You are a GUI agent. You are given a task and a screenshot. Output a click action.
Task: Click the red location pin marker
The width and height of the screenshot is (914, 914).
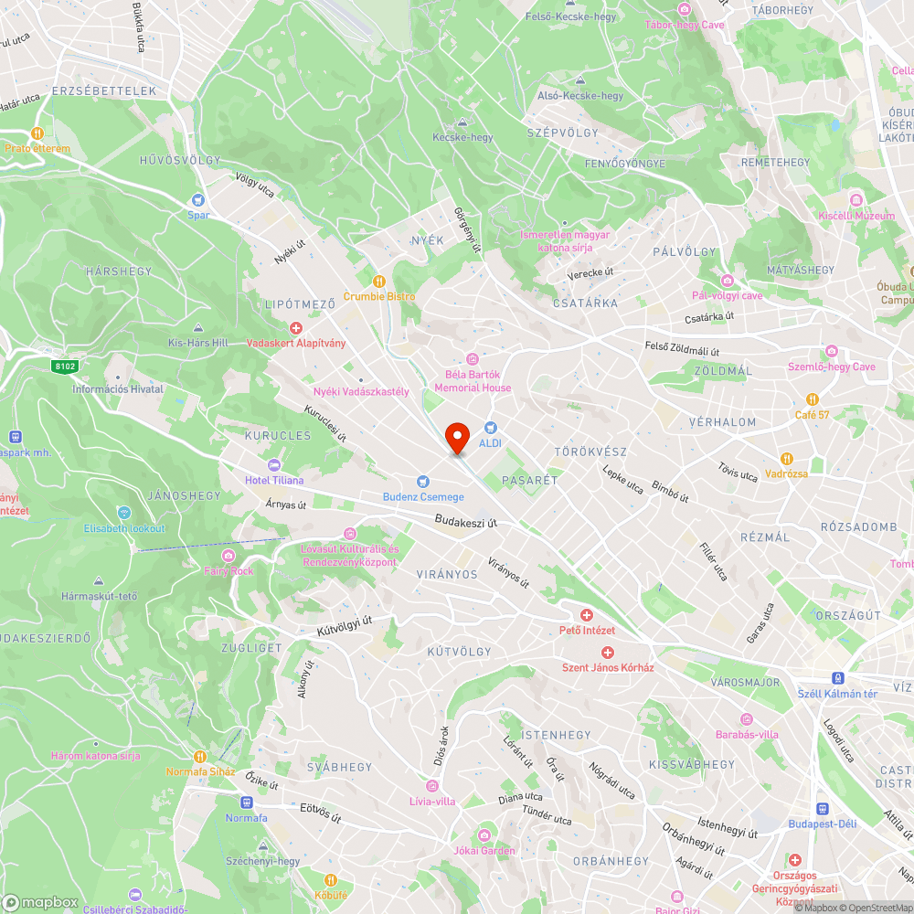(x=456, y=438)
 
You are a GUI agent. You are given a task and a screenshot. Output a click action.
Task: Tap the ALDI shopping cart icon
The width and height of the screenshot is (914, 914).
(x=491, y=428)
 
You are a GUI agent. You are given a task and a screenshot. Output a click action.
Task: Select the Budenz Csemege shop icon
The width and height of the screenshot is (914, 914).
(x=422, y=482)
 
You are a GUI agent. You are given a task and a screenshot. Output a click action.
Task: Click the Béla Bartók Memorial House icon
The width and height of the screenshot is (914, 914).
(x=473, y=359)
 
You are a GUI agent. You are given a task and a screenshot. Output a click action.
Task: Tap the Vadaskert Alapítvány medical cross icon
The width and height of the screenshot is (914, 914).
(x=295, y=328)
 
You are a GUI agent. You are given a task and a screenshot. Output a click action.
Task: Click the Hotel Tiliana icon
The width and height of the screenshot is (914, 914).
(x=274, y=464)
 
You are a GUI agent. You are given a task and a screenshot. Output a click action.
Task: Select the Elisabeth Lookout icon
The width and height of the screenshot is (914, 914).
(x=124, y=513)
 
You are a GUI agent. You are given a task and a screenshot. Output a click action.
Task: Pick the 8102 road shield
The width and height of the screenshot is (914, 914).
(x=63, y=366)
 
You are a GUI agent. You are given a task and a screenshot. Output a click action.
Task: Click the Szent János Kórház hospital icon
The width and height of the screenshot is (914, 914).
(x=608, y=652)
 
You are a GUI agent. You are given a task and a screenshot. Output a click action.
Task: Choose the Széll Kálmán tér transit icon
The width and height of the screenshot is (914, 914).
(x=837, y=678)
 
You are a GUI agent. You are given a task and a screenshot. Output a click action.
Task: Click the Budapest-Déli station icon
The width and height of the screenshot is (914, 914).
(x=823, y=809)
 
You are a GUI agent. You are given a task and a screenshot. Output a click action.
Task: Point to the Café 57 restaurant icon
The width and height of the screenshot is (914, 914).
(x=812, y=399)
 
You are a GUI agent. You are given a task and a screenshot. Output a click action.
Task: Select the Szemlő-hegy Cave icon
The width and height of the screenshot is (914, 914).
(x=832, y=351)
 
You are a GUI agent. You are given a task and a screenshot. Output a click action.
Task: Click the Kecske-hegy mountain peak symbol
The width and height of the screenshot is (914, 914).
(x=462, y=122)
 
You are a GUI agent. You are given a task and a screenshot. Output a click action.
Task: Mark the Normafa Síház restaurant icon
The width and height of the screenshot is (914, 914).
(x=200, y=756)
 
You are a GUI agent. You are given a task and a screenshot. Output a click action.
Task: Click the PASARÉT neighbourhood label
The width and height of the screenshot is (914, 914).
(x=530, y=479)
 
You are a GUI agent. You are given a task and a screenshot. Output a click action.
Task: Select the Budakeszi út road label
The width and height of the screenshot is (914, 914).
(x=466, y=522)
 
